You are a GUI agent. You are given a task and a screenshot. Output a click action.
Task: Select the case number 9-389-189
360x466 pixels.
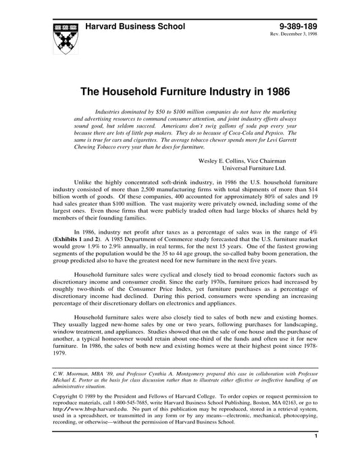(295, 25)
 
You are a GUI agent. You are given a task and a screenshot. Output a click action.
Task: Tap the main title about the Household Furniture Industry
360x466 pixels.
(180, 89)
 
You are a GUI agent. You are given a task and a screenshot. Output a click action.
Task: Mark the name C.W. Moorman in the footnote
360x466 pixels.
(70, 372)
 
